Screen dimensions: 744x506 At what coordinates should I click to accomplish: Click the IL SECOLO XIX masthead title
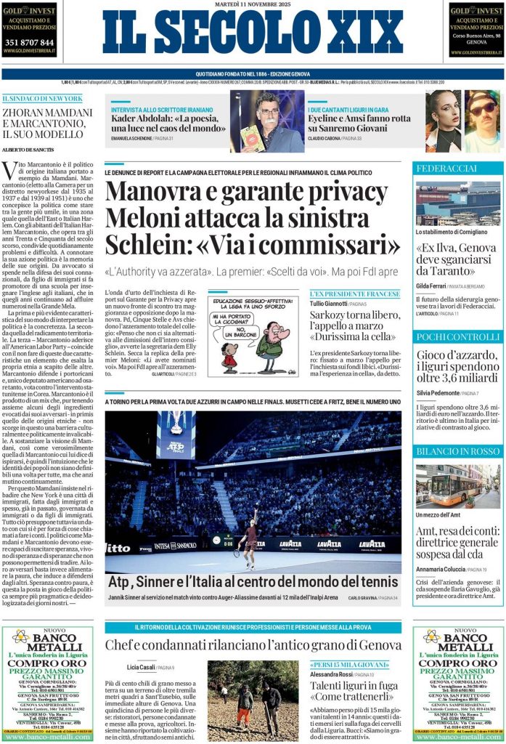click(x=253, y=33)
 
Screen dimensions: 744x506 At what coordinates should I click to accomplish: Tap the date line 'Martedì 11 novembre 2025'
click(x=253, y=5)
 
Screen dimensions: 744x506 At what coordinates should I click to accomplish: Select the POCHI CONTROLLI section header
click(x=457, y=337)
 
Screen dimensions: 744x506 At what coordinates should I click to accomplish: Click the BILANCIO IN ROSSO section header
click(x=457, y=451)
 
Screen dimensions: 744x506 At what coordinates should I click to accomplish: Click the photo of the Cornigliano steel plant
click(x=457, y=203)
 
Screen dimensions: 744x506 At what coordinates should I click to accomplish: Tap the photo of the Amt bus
click(x=457, y=486)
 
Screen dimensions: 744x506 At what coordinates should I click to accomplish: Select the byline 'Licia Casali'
click(x=141, y=667)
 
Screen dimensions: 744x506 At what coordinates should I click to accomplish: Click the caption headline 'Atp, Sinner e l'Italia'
click(x=253, y=581)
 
